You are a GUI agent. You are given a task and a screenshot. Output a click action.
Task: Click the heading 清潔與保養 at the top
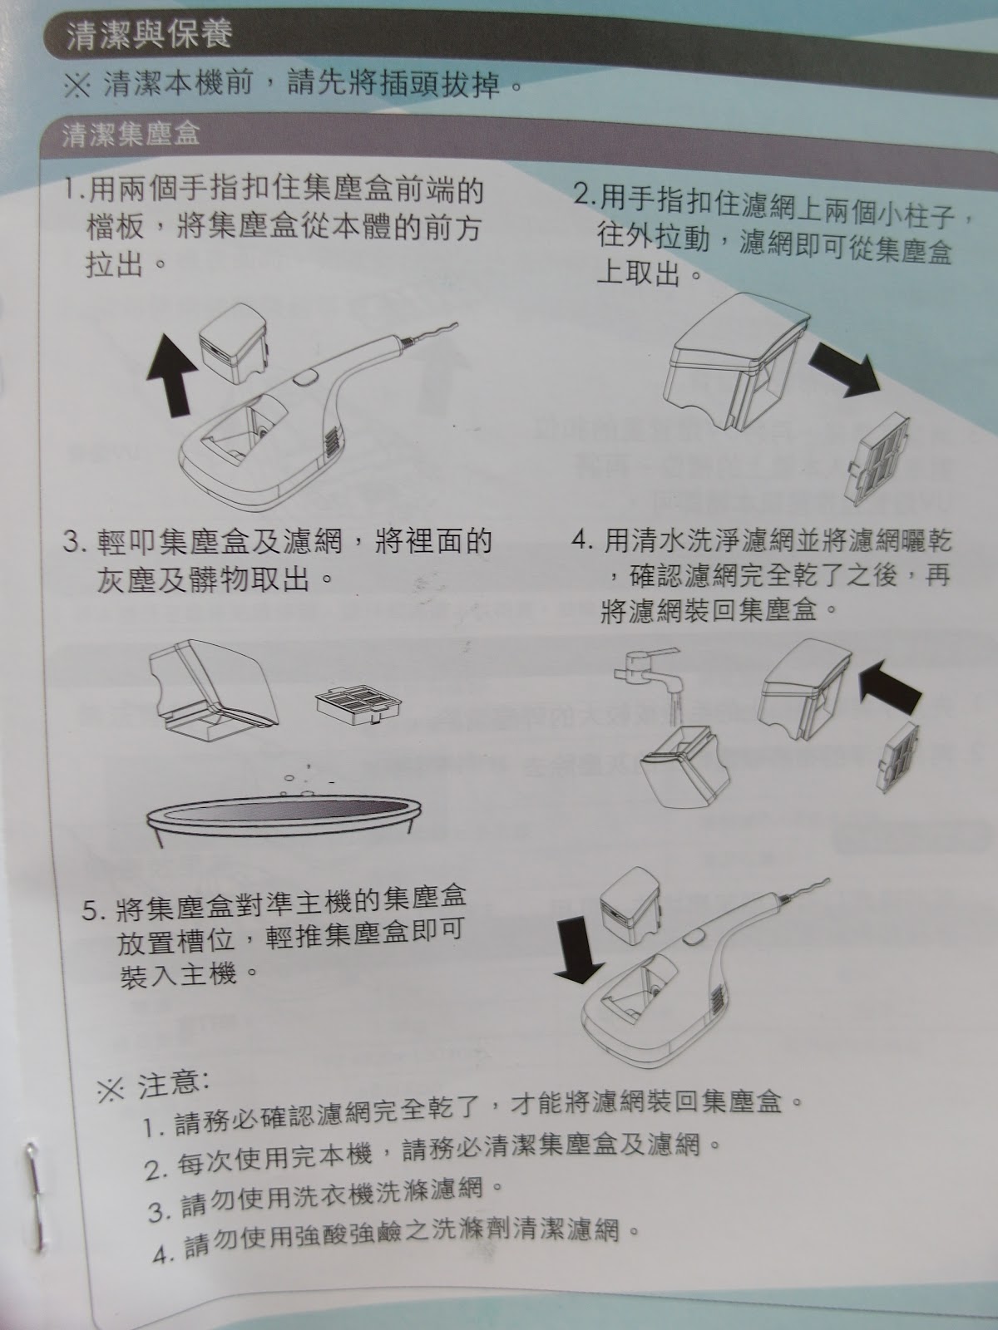(x=149, y=34)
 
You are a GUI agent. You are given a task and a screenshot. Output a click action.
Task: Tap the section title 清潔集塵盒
(x=131, y=134)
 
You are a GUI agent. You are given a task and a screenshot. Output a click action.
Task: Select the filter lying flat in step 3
(x=358, y=706)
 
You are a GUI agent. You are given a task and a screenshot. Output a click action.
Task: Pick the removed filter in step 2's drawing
(x=880, y=459)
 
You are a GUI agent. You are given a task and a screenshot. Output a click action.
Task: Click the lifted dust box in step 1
(x=234, y=343)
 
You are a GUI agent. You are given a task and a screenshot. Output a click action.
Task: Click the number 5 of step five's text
(x=89, y=911)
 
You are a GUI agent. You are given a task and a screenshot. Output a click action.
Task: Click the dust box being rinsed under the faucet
(x=684, y=768)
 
